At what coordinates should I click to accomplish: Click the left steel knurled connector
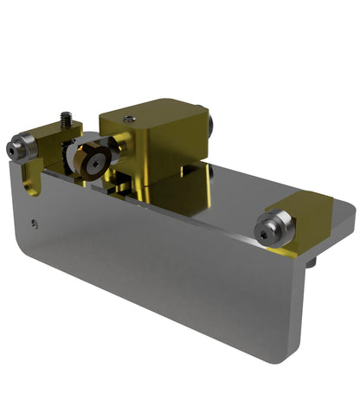point(21,148)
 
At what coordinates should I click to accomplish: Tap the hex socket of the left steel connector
point(12,150)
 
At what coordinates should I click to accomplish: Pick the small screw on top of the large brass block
point(130,119)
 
